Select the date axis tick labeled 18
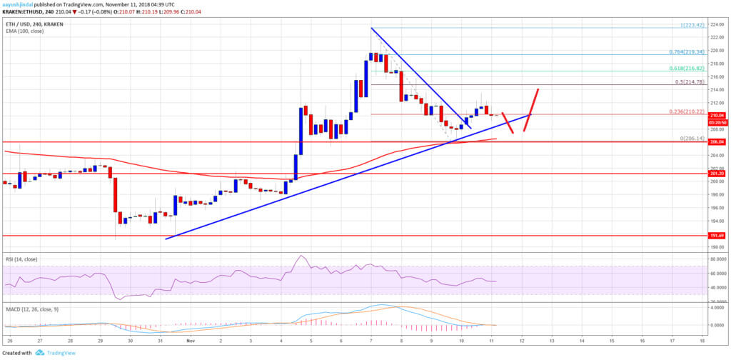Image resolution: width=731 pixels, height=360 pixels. (702, 341)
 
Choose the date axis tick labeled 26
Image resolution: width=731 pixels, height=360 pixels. (11, 341)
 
